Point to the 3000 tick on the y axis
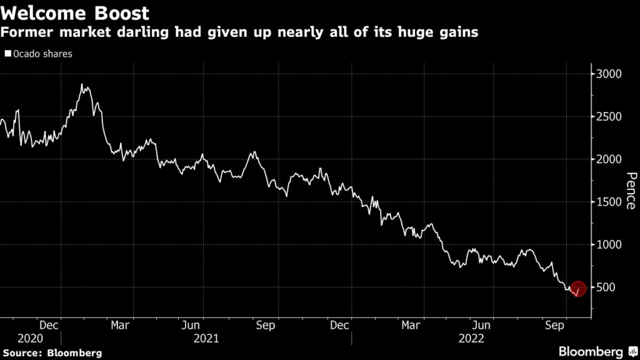607,74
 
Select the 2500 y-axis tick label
607,117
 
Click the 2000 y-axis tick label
607,159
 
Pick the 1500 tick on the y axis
607,202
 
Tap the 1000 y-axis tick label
607,244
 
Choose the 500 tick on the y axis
604,287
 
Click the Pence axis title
631,190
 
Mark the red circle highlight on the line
578,289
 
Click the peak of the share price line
82,84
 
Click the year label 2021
206,338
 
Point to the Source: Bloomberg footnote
51,353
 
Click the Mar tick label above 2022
411,325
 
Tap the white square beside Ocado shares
7,54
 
